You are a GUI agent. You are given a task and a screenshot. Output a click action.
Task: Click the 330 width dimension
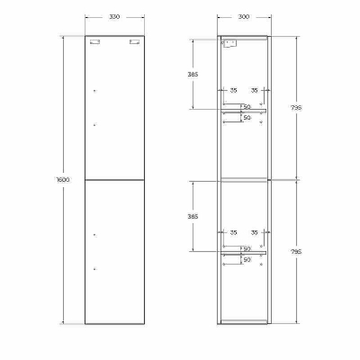(x=113, y=16)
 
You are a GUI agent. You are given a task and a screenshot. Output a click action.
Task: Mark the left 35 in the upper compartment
(x=233, y=91)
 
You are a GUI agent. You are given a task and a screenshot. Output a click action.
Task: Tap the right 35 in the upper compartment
(x=255, y=91)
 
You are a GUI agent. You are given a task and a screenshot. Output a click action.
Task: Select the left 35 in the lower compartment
(x=233, y=234)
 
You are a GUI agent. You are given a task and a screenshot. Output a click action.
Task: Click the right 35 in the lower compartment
(x=255, y=234)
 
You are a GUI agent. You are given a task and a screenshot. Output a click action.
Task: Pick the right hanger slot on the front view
(x=134, y=42)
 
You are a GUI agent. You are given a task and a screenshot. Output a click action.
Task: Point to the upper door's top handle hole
(x=94, y=89)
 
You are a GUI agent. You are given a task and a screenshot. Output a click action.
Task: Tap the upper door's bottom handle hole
(x=94, y=124)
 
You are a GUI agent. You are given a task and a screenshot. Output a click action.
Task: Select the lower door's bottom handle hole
(x=94, y=267)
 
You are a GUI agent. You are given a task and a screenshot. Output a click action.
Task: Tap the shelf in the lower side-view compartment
(x=246, y=254)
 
